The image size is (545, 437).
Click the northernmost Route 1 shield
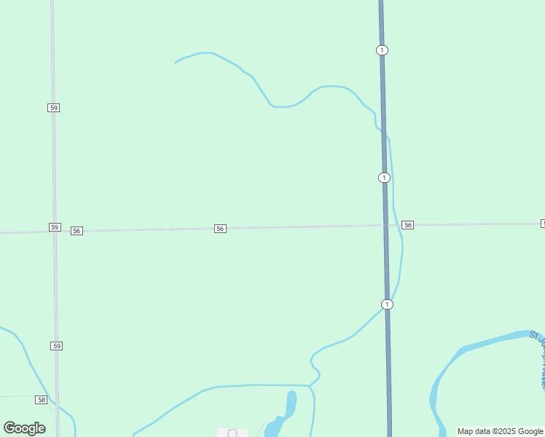(x=383, y=50)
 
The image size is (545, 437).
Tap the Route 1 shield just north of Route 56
(x=384, y=178)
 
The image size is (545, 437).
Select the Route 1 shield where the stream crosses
(x=387, y=304)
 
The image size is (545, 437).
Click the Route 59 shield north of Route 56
(x=53, y=108)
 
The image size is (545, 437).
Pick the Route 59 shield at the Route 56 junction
(x=55, y=227)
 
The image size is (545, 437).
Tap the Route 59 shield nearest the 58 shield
(x=56, y=345)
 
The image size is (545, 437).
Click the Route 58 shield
(x=41, y=400)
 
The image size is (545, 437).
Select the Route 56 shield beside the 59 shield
(x=77, y=231)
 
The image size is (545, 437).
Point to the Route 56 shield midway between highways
(x=220, y=229)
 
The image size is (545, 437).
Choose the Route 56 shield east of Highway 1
(x=407, y=225)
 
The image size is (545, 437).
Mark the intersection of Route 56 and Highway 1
(x=385, y=225)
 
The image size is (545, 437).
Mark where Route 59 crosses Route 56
(x=55, y=232)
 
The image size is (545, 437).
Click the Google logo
(x=25, y=428)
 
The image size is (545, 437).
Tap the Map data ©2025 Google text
(x=500, y=431)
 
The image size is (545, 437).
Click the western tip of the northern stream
(x=176, y=63)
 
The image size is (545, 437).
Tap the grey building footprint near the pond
(x=232, y=433)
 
